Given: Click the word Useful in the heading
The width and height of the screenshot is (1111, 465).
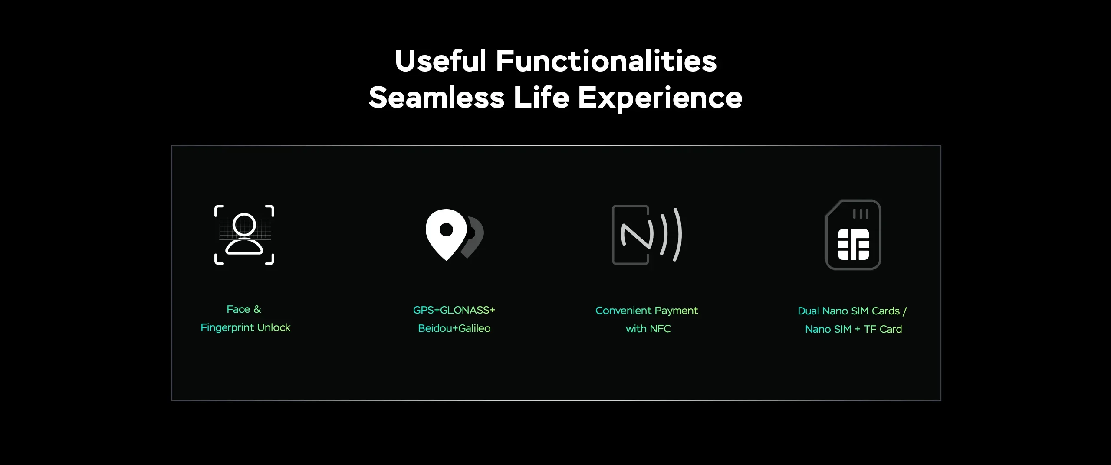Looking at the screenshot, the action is tap(440, 61).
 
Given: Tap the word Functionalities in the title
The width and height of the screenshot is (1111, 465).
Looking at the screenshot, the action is tap(606, 61).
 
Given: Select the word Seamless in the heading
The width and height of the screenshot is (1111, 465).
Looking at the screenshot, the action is tap(437, 98).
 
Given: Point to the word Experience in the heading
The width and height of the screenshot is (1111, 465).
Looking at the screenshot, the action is tap(660, 98).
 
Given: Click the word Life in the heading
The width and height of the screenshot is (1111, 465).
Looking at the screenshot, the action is tap(541, 97).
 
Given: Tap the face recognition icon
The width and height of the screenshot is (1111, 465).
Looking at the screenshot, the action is tap(244, 235).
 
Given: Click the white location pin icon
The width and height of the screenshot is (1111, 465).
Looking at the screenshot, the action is tap(447, 235).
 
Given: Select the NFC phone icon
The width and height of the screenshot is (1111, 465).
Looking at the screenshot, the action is tap(647, 235).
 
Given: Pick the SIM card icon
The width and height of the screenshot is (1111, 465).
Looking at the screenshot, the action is tap(853, 234).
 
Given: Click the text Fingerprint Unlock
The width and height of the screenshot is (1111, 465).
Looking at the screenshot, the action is tap(245, 327).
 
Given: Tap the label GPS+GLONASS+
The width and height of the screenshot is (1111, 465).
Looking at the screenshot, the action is tap(454, 310).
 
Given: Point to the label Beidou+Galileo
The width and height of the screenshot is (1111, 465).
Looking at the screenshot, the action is tap(454, 328).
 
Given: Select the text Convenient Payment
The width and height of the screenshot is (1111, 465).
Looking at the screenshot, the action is tap(647, 311).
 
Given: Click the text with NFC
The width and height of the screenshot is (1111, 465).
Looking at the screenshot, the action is tap(648, 329).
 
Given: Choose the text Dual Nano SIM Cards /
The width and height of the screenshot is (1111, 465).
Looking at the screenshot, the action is tap(852, 311).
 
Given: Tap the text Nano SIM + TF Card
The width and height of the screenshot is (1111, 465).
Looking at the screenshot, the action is tap(853, 329).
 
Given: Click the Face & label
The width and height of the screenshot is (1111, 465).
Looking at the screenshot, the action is tap(244, 309).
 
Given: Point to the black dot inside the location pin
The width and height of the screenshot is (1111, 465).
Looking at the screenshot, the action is tap(446, 229).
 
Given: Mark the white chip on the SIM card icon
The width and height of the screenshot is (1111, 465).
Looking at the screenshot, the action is tap(853, 245).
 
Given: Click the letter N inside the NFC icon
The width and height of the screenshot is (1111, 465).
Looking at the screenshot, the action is tap(637, 236).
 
